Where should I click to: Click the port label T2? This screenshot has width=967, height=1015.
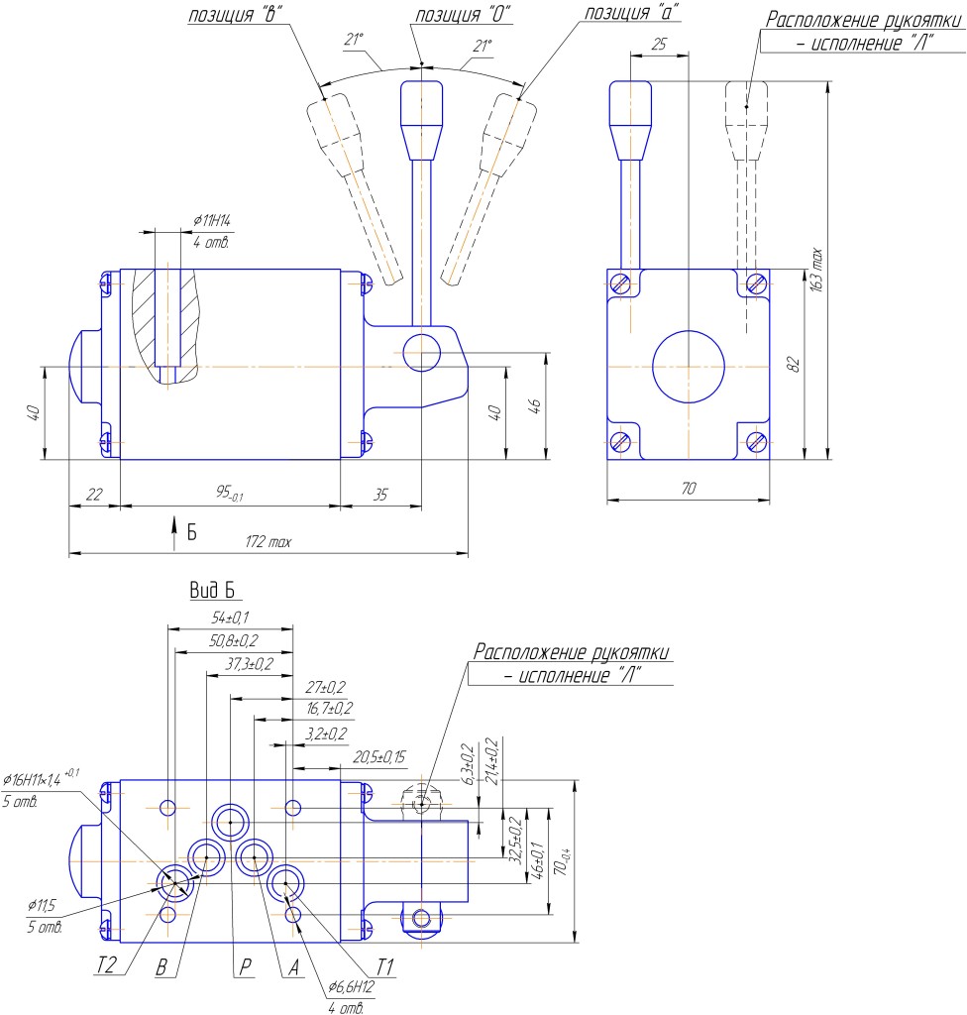tap(106, 965)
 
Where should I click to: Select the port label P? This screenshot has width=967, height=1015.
tap(246, 966)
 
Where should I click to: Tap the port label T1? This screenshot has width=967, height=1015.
tap(384, 967)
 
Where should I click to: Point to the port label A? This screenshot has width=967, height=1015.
tap(294, 967)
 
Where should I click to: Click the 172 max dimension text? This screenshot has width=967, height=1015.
tap(268, 542)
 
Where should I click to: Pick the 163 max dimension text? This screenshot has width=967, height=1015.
tap(816, 270)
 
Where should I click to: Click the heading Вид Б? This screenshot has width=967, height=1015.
tap(212, 590)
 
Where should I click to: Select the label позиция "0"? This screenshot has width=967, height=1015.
tap(462, 14)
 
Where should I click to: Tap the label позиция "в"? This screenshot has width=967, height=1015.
tap(235, 14)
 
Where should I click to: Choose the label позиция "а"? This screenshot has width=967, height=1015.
tap(632, 12)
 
